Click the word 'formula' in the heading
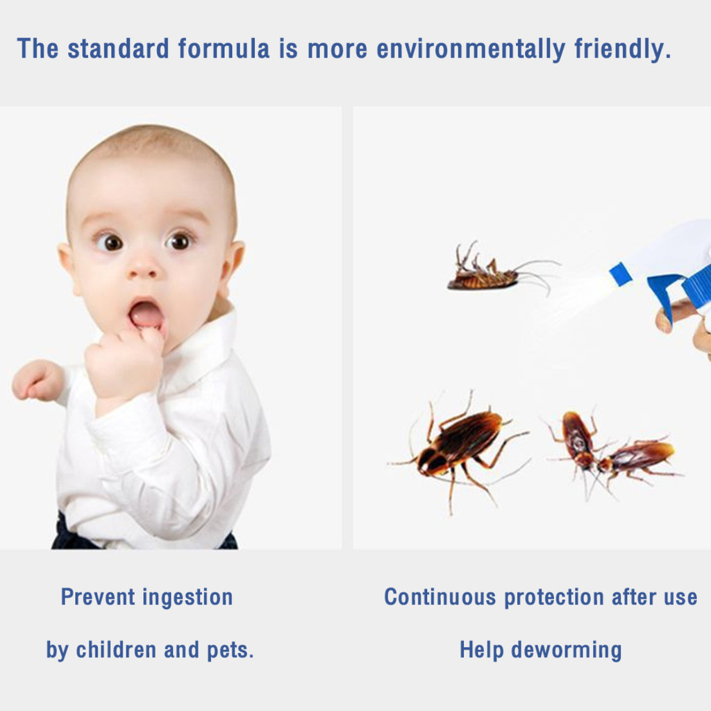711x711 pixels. (x=224, y=49)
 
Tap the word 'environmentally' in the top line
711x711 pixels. (x=471, y=50)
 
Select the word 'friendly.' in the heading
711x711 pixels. (x=623, y=50)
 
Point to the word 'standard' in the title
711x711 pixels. (x=118, y=49)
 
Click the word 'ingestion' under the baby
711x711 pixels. (x=187, y=598)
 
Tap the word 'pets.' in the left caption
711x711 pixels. (x=231, y=651)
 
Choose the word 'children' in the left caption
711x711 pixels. (x=116, y=649)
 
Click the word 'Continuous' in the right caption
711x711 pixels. (x=440, y=596)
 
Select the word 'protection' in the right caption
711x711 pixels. (x=553, y=598)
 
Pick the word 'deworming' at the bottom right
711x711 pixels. (x=567, y=651)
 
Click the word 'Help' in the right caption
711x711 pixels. (x=481, y=651)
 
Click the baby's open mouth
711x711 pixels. (x=146, y=313)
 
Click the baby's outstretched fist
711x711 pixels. (x=37, y=380)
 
